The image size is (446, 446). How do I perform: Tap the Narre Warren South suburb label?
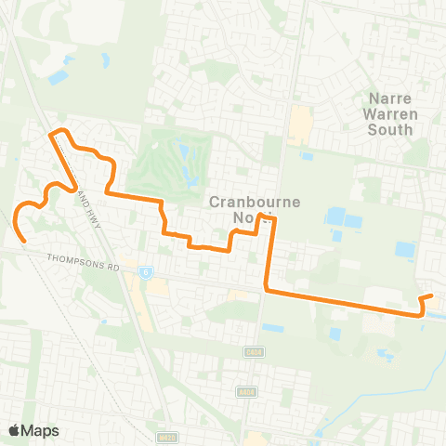pyautogui.click(x=390, y=113)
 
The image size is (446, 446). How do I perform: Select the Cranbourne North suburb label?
pyautogui.click(x=241, y=209)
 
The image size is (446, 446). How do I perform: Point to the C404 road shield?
pyautogui.click(x=252, y=352)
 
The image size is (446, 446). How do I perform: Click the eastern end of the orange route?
pyautogui.click(x=432, y=295)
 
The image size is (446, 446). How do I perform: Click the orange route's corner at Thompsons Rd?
pyautogui.click(x=268, y=290)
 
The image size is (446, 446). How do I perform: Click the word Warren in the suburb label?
pyautogui.click(x=390, y=113)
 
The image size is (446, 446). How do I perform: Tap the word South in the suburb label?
pyautogui.click(x=390, y=130)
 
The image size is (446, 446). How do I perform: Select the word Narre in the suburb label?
pyautogui.click(x=390, y=97)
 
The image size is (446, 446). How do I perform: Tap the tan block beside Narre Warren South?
pyautogui.click(x=299, y=124)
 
